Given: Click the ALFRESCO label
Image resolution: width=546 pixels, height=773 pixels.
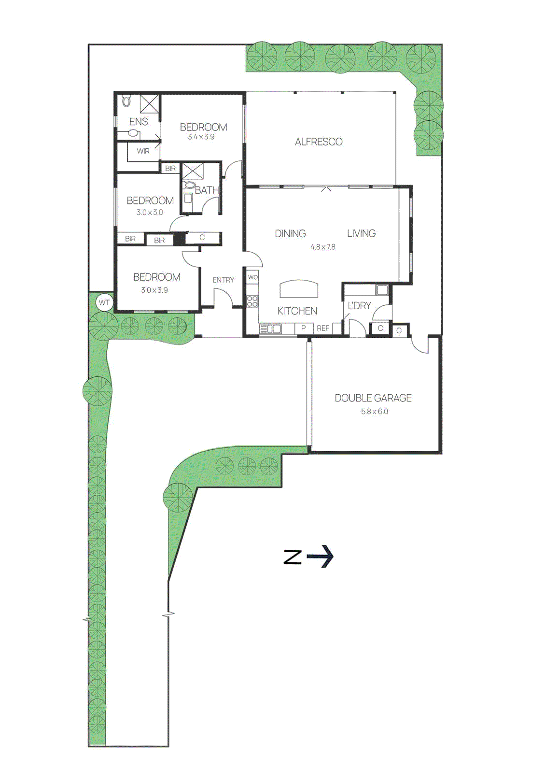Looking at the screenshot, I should (x=319, y=142).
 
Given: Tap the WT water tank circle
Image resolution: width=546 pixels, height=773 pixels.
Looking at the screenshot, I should (x=104, y=303).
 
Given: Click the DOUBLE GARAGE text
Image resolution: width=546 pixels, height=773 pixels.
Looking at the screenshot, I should (x=373, y=398).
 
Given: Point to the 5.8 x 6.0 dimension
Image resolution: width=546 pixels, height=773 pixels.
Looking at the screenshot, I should (x=375, y=412).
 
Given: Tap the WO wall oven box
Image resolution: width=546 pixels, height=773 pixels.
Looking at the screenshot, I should (x=252, y=277).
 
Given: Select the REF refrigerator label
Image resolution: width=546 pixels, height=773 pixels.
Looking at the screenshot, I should (x=322, y=329).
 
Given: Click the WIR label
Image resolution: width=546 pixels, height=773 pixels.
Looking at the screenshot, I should (x=143, y=151).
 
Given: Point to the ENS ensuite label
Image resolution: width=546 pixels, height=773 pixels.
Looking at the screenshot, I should (x=139, y=122).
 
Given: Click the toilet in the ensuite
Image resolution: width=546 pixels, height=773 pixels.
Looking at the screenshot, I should (x=126, y=101).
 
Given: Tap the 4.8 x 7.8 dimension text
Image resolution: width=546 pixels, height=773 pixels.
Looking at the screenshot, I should (x=322, y=247).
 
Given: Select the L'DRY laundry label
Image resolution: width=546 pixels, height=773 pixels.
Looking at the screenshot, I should (x=359, y=306).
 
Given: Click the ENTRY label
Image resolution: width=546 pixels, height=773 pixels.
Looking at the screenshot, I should (x=223, y=280).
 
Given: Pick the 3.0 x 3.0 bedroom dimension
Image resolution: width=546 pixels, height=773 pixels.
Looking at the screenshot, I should (x=150, y=213).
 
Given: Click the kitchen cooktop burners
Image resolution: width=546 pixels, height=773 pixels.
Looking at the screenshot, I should (x=252, y=302).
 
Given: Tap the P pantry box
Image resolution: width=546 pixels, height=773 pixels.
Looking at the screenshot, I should (x=303, y=329).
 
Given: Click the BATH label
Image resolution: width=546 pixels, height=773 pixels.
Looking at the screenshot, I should (x=207, y=190).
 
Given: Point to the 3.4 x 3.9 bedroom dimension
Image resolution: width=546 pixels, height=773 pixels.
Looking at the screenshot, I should (x=201, y=137).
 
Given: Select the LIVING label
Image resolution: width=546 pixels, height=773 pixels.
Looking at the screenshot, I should (x=361, y=234).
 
